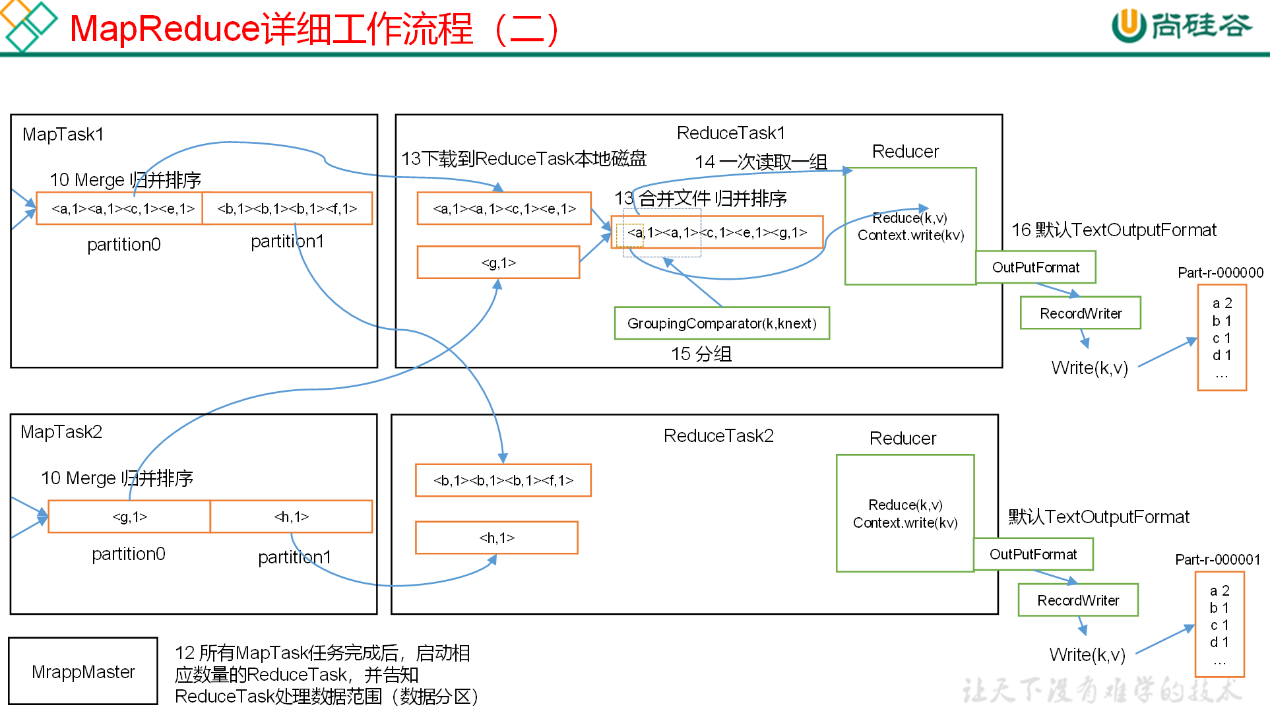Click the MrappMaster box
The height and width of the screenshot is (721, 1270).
pyautogui.click(x=83, y=671)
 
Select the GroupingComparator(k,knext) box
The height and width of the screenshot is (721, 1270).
pyautogui.click(x=722, y=323)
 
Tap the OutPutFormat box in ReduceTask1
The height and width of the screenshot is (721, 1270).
pyautogui.click(x=1035, y=267)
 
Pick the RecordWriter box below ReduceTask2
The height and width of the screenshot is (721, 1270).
pyautogui.click(x=1078, y=600)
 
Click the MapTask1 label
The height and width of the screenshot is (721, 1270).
pyautogui.click(x=63, y=135)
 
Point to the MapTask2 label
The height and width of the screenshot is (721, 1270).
pyautogui.click(x=61, y=432)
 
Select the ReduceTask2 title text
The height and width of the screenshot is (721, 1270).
pyautogui.click(x=718, y=436)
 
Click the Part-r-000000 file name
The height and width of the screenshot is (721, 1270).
pyautogui.click(x=1221, y=272)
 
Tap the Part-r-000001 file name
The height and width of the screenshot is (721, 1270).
pyautogui.click(x=1218, y=559)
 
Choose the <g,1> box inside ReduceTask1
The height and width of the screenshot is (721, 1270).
pyautogui.click(x=498, y=263)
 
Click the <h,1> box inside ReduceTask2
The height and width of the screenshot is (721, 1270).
pyautogui.click(x=497, y=538)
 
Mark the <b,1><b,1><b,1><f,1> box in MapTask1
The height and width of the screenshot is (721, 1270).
pyautogui.click(x=287, y=208)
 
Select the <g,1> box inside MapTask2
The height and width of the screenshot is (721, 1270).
pyautogui.click(x=129, y=517)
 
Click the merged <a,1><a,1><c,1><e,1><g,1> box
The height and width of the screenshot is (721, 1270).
pyautogui.click(x=717, y=232)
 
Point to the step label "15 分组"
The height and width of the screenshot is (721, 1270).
pyautogui.click(x=701, y=354)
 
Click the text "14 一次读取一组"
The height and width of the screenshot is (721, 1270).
pyautogui.click(x=761, y=162)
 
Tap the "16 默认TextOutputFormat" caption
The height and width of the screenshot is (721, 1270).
pyautogui.click(x=1114, y=230)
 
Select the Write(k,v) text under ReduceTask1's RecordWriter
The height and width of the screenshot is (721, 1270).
pyautogui.click(x=1089, y=367)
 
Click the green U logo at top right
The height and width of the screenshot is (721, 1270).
pyautogui.click(x=1128, y=25)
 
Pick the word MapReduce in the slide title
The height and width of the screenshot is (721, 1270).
pyautogui.click(x=164, y=29)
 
